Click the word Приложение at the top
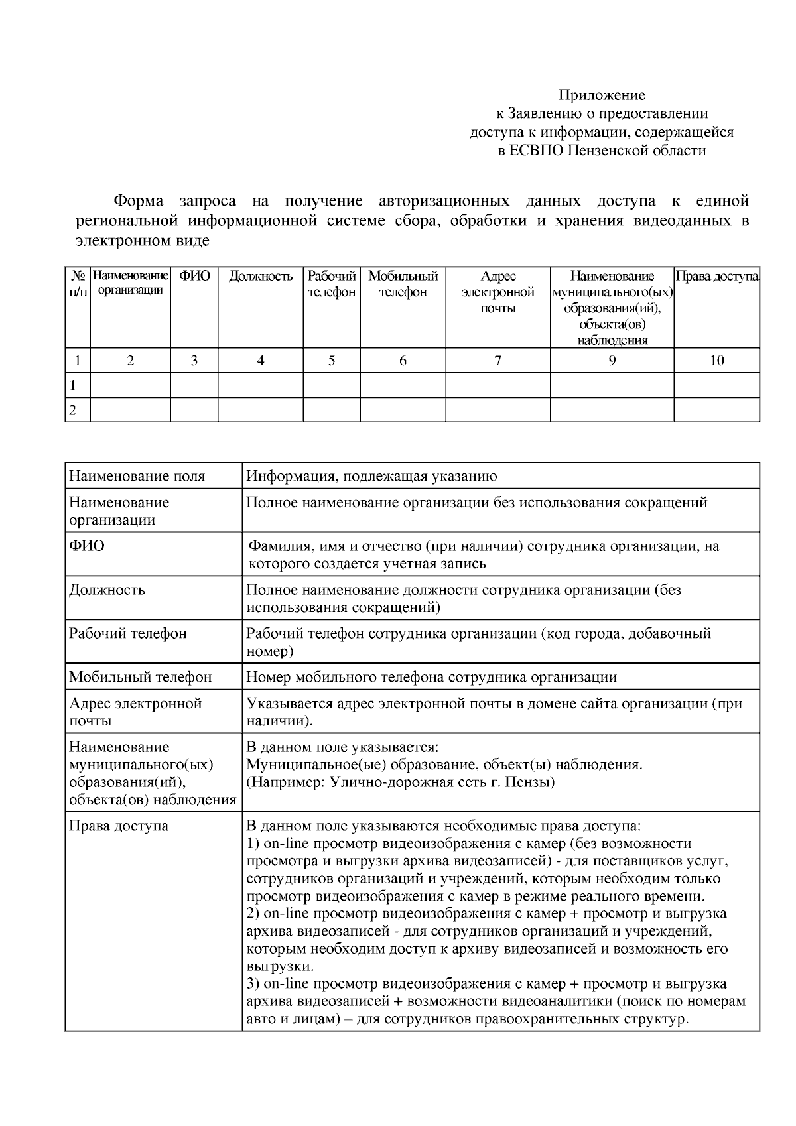click(x=601, y=95)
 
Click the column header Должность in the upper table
click(x=261, y=277)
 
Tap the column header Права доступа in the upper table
click(x=716, y=277)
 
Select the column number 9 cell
click(x=612, y=361)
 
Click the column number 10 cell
click(x=716, y=361)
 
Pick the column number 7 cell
click(x=497, y=361)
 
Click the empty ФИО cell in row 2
click(x=194, y=410)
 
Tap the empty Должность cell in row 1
click(x=261, y=385)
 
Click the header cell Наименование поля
click(x=137, y=476)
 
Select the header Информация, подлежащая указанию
click(x=371, y=476)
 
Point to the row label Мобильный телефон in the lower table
click(x=141, y=677)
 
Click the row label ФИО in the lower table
click(x=87, y=546)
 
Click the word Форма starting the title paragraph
click(x=139, y=201)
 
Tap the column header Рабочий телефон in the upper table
click(x=332, y=284)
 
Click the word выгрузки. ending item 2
click(x=280, y=966)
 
